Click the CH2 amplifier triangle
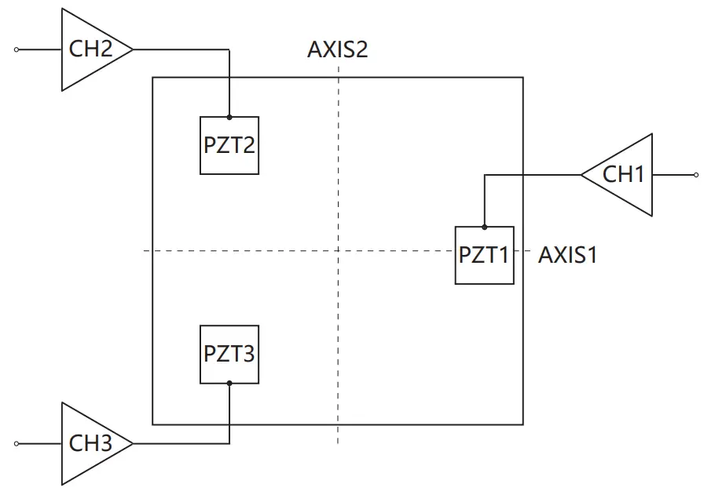coord(90,49)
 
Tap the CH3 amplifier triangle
coord(90,444)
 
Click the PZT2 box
coord(229,145)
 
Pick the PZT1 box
coord(484,255)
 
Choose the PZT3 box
coord(229,354)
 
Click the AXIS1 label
coord(567,255)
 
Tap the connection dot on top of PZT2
coord(229,117)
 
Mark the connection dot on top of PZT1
coord(484,227)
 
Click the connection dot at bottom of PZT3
coord(229,384)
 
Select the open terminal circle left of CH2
coord(16,49)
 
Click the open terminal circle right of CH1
coord(695,175)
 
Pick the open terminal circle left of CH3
coord(16,444)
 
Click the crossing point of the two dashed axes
coord(339,251)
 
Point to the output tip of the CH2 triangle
coord(133,49)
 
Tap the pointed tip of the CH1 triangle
coord(581,175)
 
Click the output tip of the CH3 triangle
coord(133,444)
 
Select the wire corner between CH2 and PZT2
coord(229,49)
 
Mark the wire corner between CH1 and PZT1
coord(484,175)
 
